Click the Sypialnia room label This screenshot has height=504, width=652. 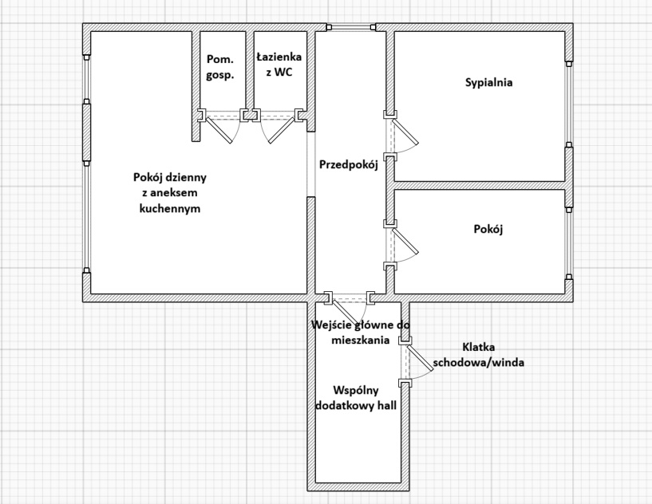tap(488, 82)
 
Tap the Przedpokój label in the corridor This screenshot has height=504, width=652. tap(348, 165)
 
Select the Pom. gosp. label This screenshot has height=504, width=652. tap(219, 67)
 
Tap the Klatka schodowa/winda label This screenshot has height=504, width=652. tap(478, 354)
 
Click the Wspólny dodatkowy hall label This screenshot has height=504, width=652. tap(355, 397)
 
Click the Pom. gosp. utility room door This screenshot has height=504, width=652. tap(223, 126)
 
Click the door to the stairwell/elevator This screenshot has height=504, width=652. tap(415, 363)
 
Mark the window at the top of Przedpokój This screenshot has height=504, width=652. tap(351, 30)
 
